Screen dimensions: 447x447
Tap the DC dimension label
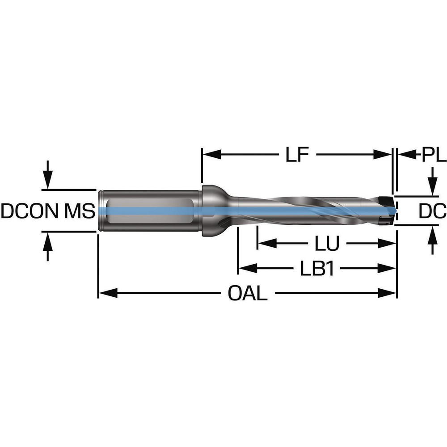(x=433, y=211)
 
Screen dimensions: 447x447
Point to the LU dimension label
(x=327, y=244)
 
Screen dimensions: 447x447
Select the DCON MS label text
(x=47, y=211)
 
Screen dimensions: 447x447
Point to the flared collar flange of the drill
(x=210, y=210)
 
